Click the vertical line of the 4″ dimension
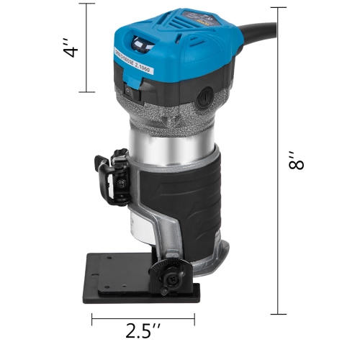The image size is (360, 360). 89,48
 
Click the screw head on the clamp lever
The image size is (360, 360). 125,192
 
